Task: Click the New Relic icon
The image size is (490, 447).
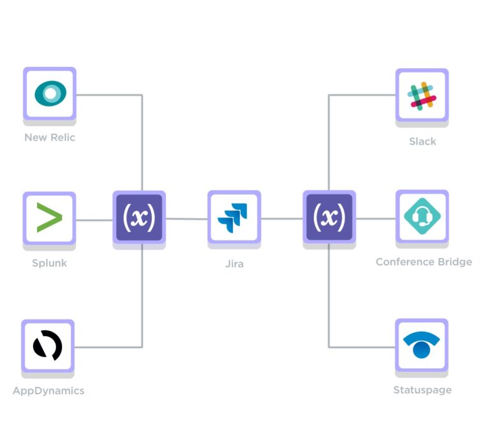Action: (x=50, y=94)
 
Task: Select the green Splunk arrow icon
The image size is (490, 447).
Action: (x=49, y=218)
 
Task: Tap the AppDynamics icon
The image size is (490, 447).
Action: (x=48, y=346)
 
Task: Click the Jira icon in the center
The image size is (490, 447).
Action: (x=234, y=217)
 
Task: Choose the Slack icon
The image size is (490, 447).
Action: (x=422, y=96)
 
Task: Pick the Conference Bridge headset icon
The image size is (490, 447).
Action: (x=422, y=217)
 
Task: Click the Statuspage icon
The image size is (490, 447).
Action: (x=421, y=346)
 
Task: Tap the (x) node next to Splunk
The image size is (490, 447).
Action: (x=139, y=217)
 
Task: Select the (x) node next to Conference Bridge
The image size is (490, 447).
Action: (x=329, y=217)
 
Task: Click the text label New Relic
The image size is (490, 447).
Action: (x=50, y=138)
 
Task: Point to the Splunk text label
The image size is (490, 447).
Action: (x=49, y=263)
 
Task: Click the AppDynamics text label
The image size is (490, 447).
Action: (x=48, y=390)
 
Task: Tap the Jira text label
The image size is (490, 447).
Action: (x=234, y=263)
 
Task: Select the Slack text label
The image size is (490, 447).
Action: (x=422, y=141)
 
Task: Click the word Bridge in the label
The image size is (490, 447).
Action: (x=454, y=262)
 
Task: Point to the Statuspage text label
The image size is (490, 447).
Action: (x=422, y=390)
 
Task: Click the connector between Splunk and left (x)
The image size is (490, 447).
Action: (x=94, y=220)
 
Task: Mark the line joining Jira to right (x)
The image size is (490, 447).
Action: (x=281, y=219)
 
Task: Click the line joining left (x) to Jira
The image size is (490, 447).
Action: (x=186, y=219)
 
